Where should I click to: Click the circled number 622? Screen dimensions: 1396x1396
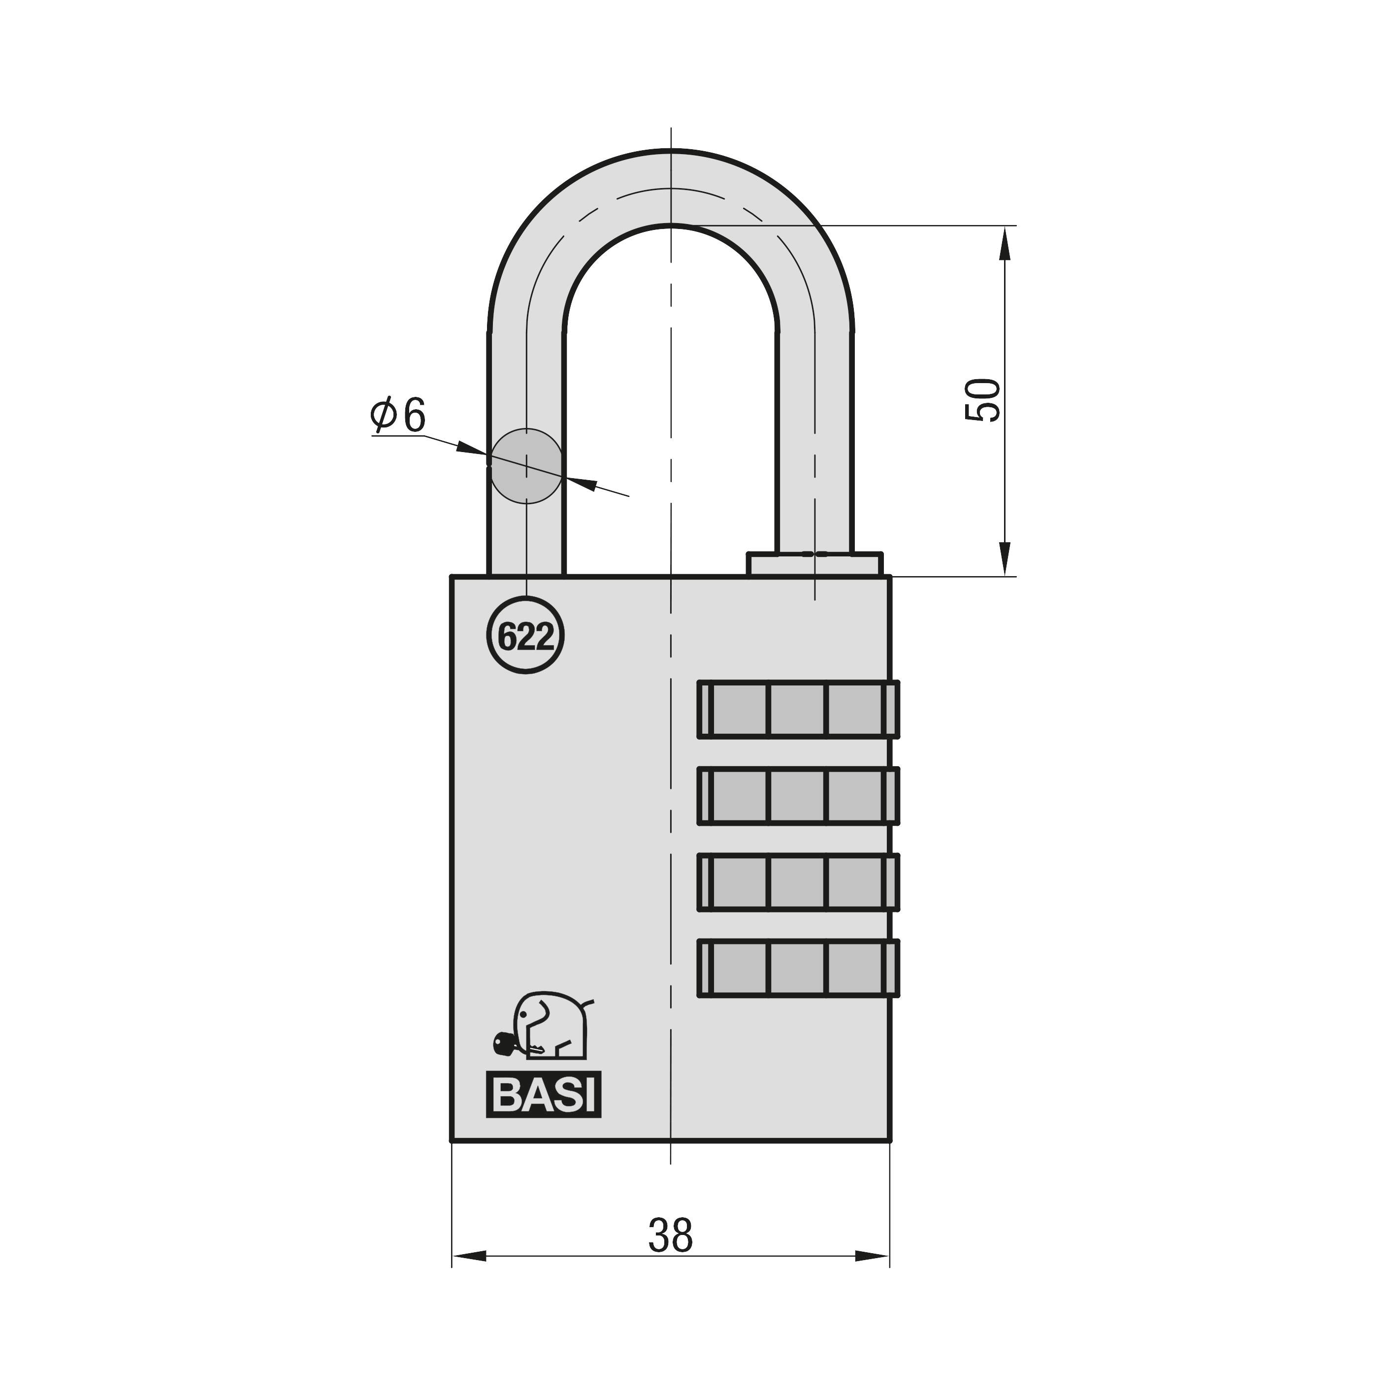point(525,636)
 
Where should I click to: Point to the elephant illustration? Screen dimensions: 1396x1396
point(551,1027)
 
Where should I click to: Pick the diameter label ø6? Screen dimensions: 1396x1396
point(398,416)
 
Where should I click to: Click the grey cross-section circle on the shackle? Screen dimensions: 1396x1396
point(526,465)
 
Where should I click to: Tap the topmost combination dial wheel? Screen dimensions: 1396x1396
point(798,709)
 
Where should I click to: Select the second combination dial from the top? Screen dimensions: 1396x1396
point(798,796)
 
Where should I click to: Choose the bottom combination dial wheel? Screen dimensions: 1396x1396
point(798,968)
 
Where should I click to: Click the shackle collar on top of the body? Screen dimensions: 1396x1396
point(814,564)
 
